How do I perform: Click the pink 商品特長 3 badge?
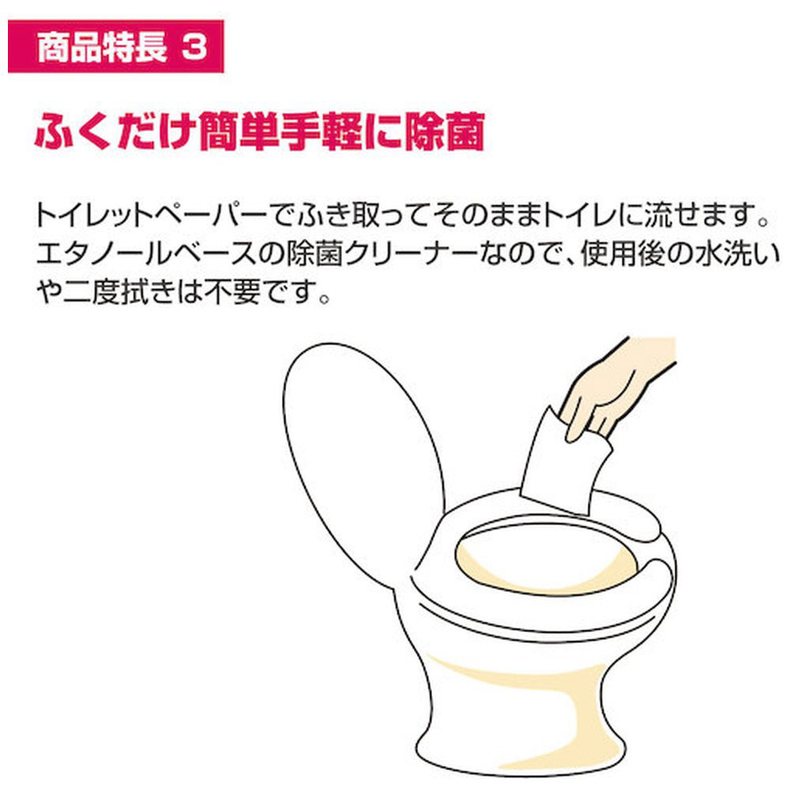point(116,47)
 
